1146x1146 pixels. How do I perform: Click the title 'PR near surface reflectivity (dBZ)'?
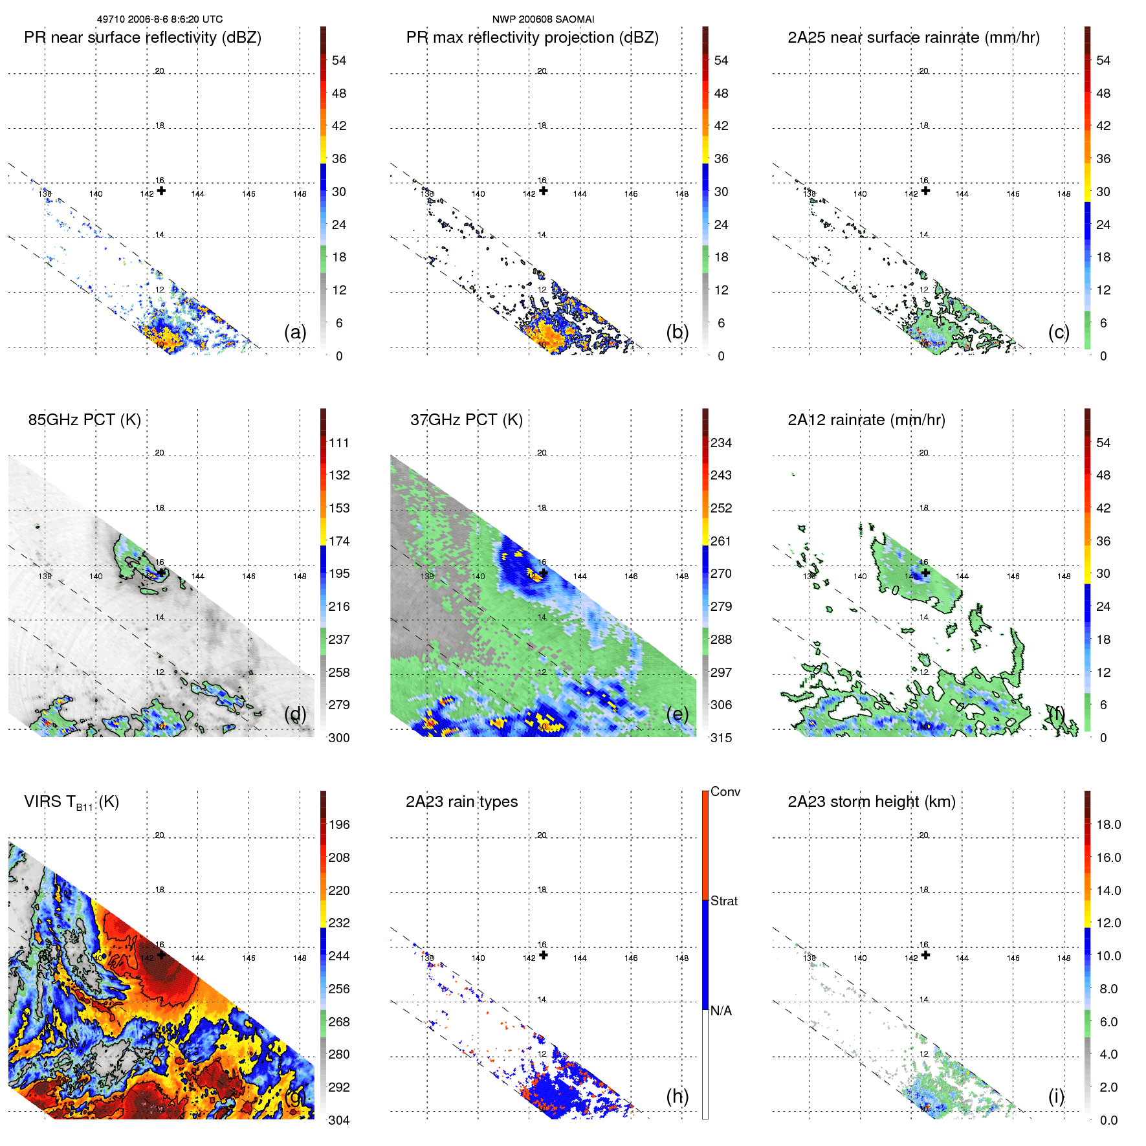coord(142,38)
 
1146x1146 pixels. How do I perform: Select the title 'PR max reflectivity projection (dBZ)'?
coord(532,38)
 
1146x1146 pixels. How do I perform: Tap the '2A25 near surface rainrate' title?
coord(913,38)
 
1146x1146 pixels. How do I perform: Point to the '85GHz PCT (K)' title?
coord(84,419)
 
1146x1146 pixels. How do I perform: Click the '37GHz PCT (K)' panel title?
coord(466,419)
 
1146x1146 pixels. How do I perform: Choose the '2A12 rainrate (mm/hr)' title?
coord(866,419)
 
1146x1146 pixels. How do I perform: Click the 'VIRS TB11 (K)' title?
coord(71,802)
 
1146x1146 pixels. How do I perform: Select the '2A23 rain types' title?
coord(461,802)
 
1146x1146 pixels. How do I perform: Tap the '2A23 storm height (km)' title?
coord(871,802)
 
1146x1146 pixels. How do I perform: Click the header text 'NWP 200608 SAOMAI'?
coord(543,19)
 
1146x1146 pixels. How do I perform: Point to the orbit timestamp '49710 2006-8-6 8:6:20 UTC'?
coord(160,19)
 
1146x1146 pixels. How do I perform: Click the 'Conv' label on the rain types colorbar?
coord(725,791)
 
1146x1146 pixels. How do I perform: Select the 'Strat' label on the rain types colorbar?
coord(723,901)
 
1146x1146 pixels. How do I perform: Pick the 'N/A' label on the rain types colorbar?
coord(721,1011)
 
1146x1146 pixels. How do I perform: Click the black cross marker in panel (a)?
coord(161,191)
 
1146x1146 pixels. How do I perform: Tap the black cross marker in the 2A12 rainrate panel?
coord(925,573)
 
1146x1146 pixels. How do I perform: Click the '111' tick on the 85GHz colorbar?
coord(338,443)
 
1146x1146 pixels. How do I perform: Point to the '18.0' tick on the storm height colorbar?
coord(1108,824)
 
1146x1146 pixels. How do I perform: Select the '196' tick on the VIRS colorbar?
coord(338,824)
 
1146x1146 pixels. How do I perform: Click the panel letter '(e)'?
coord(677,714)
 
